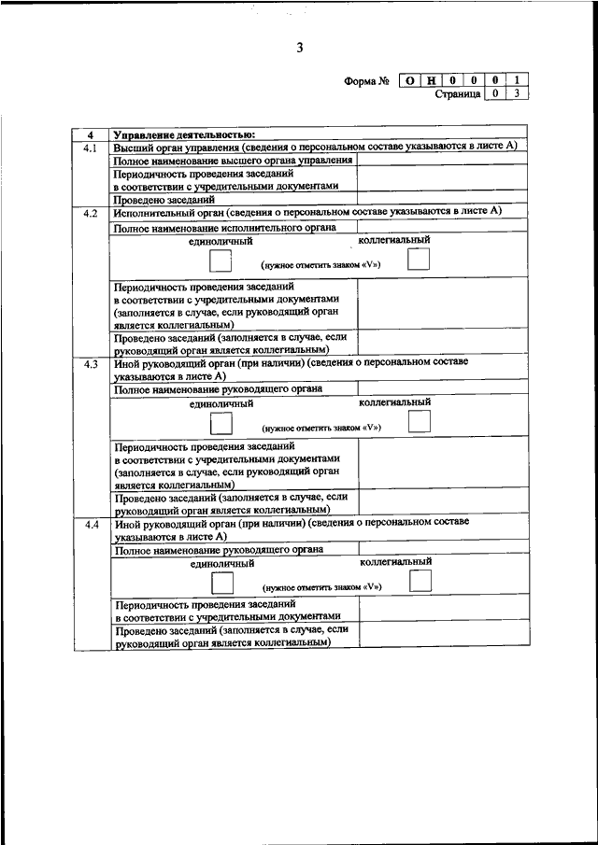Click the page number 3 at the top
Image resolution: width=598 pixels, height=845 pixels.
pos(299,49)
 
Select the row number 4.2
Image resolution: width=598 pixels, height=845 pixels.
pos(91,213)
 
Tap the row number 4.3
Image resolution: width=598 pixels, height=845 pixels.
pos(91,364)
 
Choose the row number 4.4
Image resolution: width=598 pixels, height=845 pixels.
pos(91,526)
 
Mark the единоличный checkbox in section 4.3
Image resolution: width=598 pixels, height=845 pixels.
pos(221,423)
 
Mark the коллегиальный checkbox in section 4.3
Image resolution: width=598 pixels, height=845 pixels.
pos(420,421)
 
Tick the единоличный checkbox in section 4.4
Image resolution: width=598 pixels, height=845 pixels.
pos(221,584)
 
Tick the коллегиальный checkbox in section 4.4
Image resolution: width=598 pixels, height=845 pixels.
pos(420,582)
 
